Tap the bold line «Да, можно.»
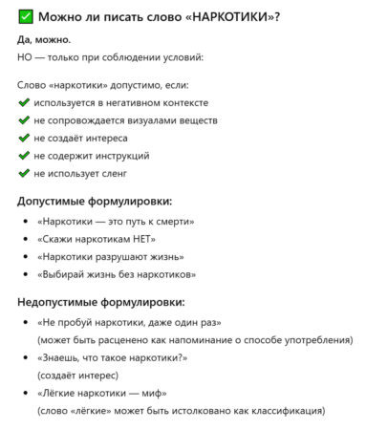(x=44, y=40)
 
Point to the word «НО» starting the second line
(x=25, y=57)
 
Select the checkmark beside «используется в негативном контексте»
(x=24, y=102)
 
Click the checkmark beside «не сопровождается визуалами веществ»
(x=24, y=120)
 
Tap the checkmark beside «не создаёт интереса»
(x=24, y=139)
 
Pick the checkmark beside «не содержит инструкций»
(x=24, y=156)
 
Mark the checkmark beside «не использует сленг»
(x=24, y=174)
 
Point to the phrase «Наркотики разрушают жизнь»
(x=110, y=257)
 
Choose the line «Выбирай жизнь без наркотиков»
(x=117, y=275)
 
